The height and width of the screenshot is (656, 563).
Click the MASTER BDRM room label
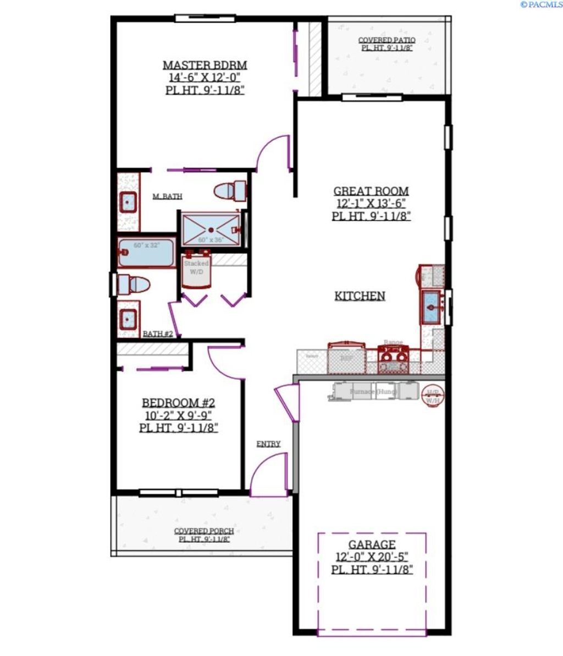205,65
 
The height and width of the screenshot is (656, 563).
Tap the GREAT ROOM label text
371,192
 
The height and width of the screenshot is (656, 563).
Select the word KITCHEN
360,296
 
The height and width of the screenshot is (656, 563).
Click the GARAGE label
372,544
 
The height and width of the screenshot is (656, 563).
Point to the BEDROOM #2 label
178,403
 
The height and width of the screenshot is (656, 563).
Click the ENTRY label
268,444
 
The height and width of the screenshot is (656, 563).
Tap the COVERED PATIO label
387,40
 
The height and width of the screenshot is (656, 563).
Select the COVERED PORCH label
203,531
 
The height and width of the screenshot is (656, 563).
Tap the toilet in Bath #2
134,285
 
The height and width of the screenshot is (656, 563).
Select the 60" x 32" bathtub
146,253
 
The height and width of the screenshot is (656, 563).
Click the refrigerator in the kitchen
346,357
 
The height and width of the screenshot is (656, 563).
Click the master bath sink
128,202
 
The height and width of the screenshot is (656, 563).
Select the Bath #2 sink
129,319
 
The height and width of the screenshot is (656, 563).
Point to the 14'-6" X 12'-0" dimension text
205,77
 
